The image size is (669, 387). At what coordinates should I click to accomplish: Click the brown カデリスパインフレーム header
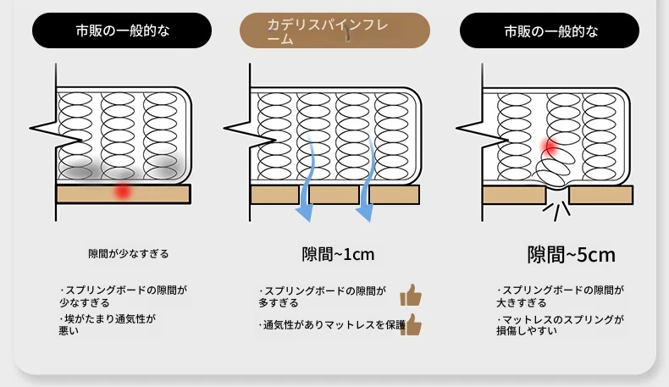(334, 30)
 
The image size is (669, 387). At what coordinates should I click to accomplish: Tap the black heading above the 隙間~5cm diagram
(550, 30)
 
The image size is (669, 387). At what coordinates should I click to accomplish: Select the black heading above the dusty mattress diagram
(122, 30)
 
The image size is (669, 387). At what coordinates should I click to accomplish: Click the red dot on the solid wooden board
(123, 191)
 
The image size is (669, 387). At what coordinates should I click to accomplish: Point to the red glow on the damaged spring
(550, 146)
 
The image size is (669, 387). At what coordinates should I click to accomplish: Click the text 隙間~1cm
(338, 254)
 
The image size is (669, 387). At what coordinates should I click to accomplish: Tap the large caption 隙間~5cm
(572, 255)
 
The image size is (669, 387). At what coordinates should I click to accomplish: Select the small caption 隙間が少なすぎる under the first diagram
(129, 254)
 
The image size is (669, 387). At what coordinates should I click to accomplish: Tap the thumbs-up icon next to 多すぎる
(411, 295)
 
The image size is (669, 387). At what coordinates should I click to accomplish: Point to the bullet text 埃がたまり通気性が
(108, 318)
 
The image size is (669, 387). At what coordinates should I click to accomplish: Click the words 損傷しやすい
(527, 330)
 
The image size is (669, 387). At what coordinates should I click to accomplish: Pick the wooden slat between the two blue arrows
(334, 195)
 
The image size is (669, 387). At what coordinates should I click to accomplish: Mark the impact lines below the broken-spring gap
(556, 211)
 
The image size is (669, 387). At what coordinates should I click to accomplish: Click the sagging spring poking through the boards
(553, 170)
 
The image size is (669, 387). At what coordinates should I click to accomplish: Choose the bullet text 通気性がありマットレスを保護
(332, 325)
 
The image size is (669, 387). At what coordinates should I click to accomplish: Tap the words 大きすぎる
(522, 303)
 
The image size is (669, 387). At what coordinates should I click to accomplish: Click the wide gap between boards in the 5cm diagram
(558, 195)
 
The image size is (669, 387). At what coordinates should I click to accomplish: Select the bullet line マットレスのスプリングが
(561, 319)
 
